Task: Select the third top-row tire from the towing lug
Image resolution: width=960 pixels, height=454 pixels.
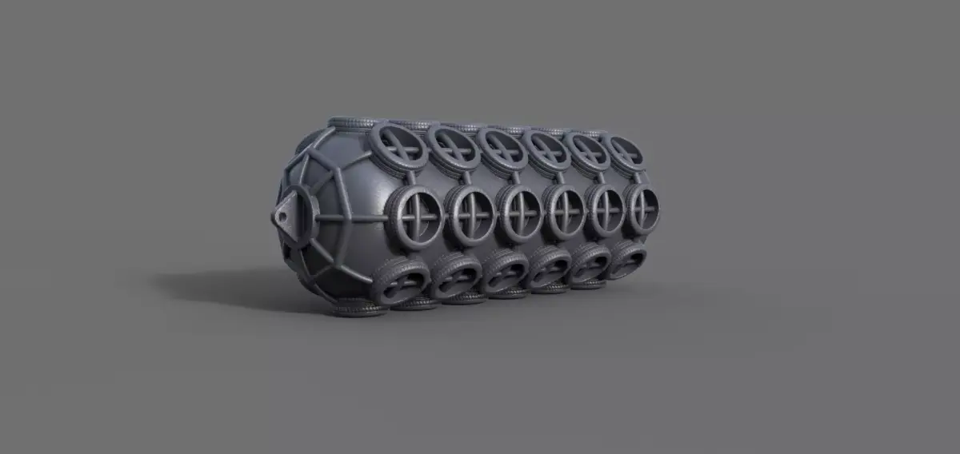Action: [502, 148]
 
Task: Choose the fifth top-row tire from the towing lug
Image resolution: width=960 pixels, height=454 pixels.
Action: [589, 149]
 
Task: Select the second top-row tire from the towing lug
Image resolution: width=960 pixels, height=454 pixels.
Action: [453, 147]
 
